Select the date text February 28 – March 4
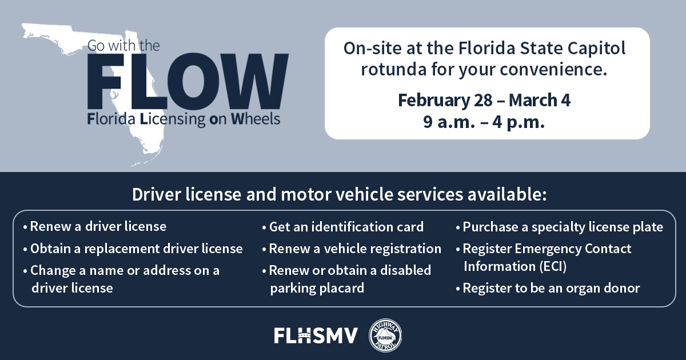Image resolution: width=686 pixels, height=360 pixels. point(484,101)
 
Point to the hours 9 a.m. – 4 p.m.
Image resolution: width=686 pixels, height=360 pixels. point(484,122)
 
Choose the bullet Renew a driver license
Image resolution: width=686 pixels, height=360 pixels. point(98,226)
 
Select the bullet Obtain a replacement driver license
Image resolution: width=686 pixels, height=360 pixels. point(136,249)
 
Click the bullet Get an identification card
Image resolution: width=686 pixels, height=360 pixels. point(346,226)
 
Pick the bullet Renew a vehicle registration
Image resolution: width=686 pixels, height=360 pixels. point(354,249)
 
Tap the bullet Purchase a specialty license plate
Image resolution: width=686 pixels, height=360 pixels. point(563,227)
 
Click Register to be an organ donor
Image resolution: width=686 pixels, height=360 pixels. point(551,288)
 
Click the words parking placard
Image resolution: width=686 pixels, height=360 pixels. point(317,288)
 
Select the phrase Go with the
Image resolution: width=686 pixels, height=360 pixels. point(125,46)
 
